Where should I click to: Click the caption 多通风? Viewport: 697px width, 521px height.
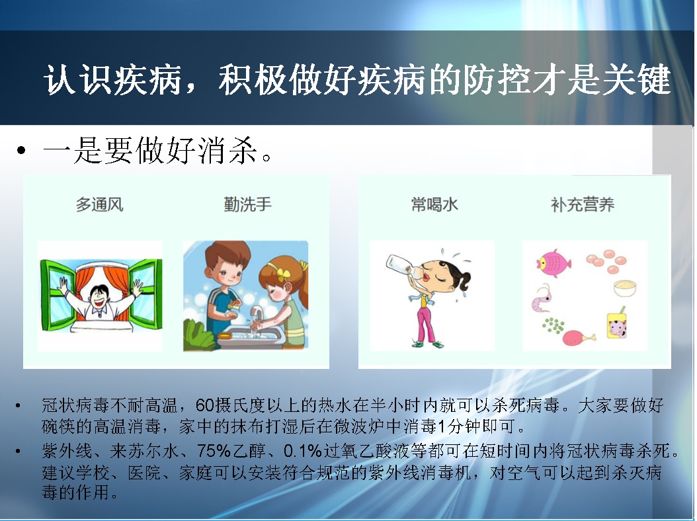point(99,204)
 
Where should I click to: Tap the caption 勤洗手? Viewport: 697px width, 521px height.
point(247,204)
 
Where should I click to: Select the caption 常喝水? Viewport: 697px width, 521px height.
point(434,204)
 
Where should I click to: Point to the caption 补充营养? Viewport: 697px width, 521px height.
point(583,204)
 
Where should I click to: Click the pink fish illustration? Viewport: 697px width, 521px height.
point(553,263)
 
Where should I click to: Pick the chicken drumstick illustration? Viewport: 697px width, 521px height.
point(579,338)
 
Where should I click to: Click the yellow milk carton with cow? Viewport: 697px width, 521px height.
point(616,324)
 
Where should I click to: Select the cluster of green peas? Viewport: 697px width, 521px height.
point(553,325)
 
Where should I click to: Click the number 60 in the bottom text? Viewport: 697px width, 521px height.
point(204,405)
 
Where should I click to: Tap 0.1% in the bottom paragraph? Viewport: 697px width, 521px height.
point(303,451)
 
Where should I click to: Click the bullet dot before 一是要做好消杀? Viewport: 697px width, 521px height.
point(21,150)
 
